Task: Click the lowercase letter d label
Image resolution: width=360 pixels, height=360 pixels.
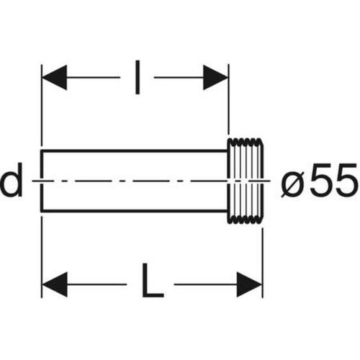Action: coord(12,179)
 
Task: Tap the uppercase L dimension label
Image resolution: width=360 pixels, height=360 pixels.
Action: coord(153,281)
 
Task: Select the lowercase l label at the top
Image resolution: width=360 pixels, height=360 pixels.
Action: coord(138,77)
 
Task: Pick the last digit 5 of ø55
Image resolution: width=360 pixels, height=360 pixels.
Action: coord(346,179)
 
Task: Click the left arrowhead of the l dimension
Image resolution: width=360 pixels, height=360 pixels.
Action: coord(54,77)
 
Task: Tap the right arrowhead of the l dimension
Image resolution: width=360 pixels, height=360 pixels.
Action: coord(215,77)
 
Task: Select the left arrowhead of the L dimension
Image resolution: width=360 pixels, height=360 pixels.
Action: coord(55,284)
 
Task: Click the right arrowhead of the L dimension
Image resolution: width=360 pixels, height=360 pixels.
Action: coord(249,284)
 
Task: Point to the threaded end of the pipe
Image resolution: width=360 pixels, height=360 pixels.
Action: coord(246,181)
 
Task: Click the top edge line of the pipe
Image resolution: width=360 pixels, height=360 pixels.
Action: coord(134,150)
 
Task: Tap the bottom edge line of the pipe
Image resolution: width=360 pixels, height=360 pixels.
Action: coord(134,211)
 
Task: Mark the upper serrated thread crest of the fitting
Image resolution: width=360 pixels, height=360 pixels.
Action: coord(244,141)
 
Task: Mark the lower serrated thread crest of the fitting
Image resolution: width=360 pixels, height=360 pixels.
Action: coord(244,220)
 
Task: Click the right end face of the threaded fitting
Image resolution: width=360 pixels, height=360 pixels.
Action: coord(263,181)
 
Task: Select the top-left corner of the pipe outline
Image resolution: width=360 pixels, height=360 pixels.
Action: coord(42,150)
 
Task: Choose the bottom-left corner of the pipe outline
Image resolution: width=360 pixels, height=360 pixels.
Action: coord(42,211)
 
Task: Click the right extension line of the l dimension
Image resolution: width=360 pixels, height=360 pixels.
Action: coord(228,99)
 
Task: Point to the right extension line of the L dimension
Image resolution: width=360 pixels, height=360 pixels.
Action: coord(263,263)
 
